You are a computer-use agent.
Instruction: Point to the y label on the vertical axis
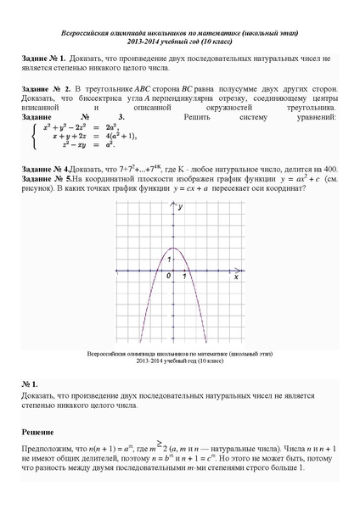click(x=178, y=219)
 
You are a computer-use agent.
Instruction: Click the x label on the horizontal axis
click(x=235, y=277)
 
